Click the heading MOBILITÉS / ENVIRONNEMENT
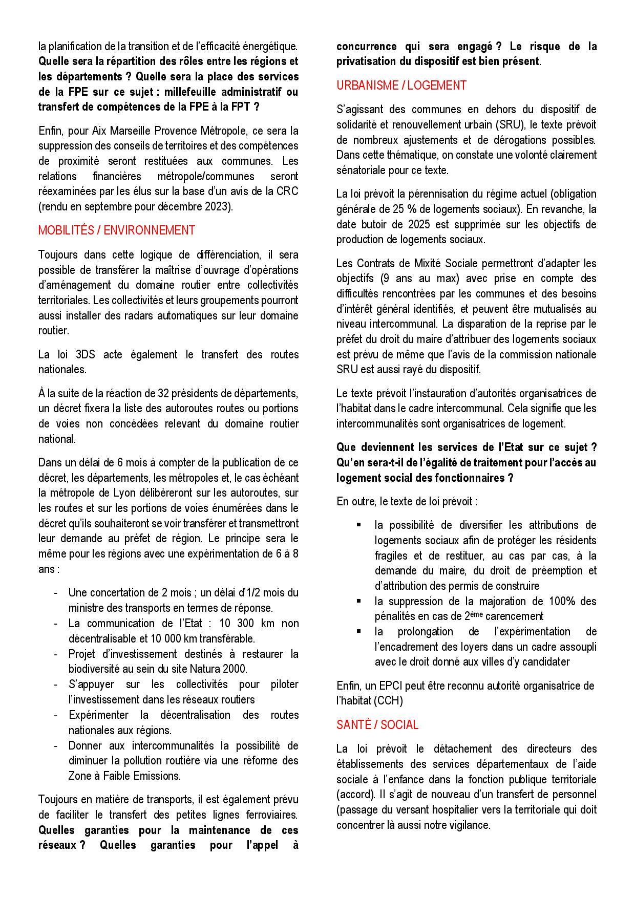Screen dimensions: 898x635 116,230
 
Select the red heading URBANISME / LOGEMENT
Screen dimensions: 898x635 401,85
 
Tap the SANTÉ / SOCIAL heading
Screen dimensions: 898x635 377,725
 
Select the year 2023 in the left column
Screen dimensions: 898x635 219,207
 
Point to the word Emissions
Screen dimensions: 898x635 157,776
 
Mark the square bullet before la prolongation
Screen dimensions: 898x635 359,631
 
